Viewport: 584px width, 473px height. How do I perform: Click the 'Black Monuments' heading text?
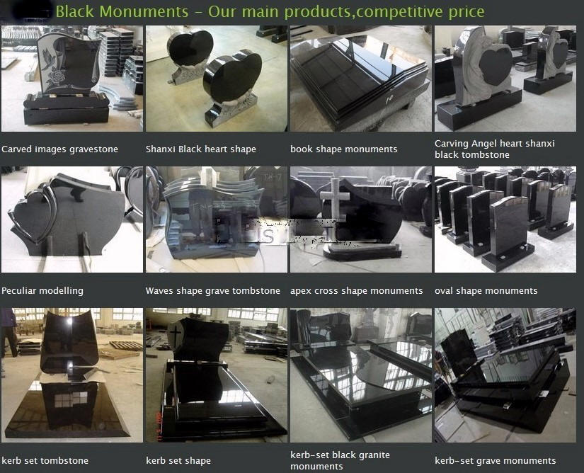click(x=122, y=11)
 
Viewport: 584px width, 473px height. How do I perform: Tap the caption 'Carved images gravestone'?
click(x=59, y=149)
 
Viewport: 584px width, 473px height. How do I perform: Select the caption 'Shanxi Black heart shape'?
click(x=201, y=149)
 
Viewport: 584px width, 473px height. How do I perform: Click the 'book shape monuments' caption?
click(x=344, y=149)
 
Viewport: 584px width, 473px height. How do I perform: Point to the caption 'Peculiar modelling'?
click(x=42, y=291)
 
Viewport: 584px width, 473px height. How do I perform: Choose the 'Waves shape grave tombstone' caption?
click(x=212, y=291)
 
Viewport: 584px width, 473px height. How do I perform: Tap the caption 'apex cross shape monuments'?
click(x=357, y=291)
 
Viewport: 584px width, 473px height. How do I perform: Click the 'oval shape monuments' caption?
click(x=486, y=291)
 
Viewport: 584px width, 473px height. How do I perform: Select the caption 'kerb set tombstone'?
click(x=45, y=461)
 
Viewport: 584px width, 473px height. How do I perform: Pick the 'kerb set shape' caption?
click(x=178, y=461)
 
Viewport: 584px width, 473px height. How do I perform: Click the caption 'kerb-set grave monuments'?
click(x=496, y=461)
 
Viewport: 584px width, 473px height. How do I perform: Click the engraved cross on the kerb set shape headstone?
click(x=175, y=333)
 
